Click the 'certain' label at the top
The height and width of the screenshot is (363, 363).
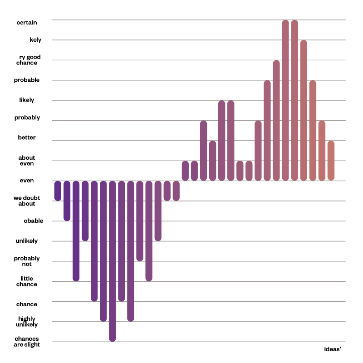[x=27, y=23]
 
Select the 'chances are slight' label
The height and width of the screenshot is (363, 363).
[x=27, y=342]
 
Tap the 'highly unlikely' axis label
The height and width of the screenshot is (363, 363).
[x=28, y=322]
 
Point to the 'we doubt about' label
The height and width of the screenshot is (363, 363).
[x=25, y=201]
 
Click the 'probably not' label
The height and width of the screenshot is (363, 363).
[x=27, y=261]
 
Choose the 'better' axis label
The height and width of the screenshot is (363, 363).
[x=27, y=137]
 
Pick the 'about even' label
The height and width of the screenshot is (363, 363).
[x=27, y=161]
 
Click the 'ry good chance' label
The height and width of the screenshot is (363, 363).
[x=29, y=60]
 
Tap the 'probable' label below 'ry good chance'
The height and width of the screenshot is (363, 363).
[x=27, y=80]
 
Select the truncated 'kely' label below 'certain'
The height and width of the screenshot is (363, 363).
[x=35, y=40]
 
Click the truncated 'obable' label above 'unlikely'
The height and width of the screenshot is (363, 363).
[x=34, y=221]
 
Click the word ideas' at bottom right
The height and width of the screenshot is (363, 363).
[x=333, y=349]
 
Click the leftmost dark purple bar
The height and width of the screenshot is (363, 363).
[x=58, y=191]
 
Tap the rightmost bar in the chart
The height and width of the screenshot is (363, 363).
[x=331, y=161]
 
